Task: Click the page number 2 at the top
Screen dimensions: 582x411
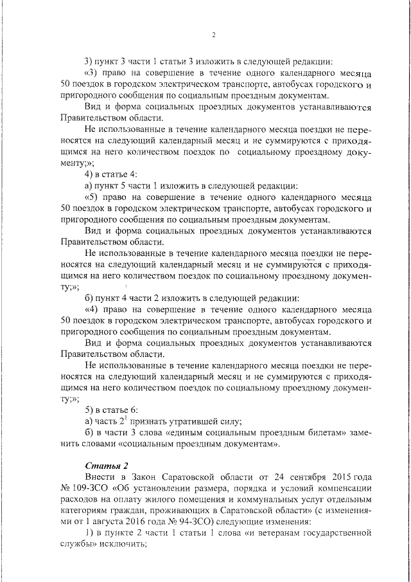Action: [213, 35]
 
